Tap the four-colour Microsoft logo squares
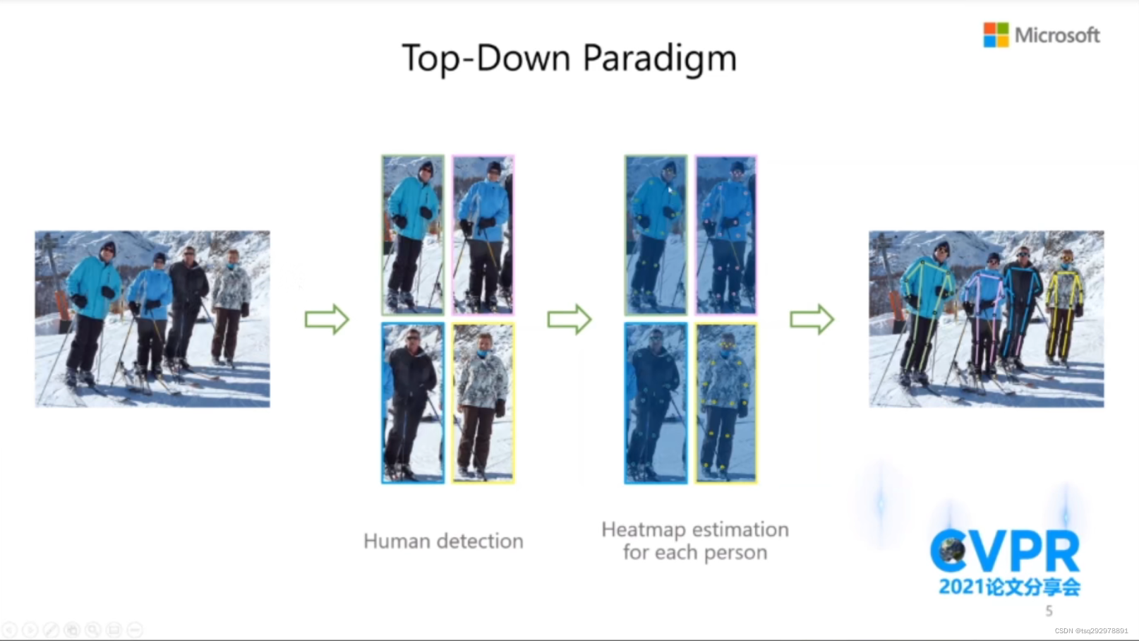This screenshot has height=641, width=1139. click(996, 35)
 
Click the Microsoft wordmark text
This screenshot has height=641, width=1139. click(1057, 35)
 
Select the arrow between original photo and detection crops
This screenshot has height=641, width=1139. click(327, 320)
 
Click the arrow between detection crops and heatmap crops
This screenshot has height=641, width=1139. click(569, 320)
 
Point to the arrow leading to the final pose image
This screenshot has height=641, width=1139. click(812, 320)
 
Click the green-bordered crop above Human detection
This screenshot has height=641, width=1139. click(413, 235)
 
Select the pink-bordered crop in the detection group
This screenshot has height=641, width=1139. click(483, 235)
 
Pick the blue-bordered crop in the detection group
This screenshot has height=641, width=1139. click(413, 403)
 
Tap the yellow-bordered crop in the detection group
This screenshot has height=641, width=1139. click(483, 403)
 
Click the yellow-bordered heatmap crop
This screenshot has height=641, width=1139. click(726, 403)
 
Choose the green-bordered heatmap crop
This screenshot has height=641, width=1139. click(656, 235)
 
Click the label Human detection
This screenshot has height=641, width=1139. click(443, 541)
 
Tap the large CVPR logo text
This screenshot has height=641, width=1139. click(1005, 551)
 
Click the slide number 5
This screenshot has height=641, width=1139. click(1049, 611)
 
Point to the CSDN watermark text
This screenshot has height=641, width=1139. click(1091, 631)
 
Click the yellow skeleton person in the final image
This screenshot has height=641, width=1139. click(1064, 307)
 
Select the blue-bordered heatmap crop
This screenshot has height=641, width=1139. click(656, 403)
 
